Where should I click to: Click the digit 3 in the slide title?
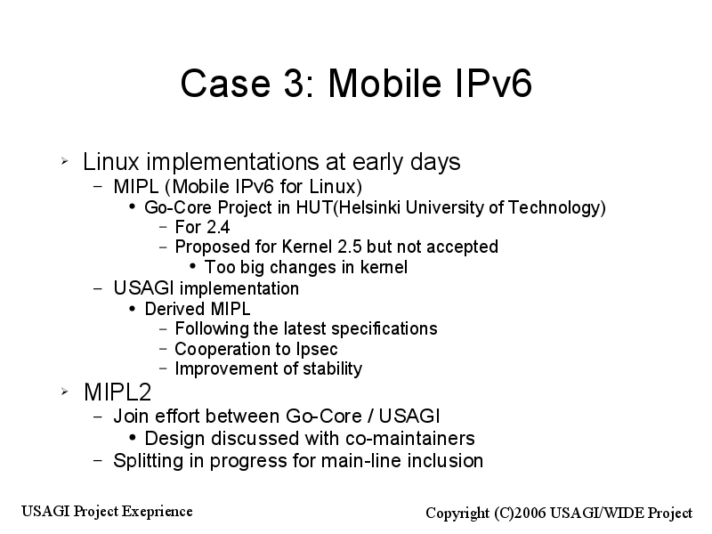pyautogui.click(x=297, y=83)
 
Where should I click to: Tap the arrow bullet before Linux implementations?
pyautogui.click(x=64, y=160)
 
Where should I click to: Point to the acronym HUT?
pyautogui.click(x=314, y=207)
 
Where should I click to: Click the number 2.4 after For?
pyautogui.click(x=215, y=227)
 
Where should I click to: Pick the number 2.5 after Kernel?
pyautogui.click(x=350, y=247)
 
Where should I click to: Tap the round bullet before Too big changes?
pyautogui.click(x=192, y=266)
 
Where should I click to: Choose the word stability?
pyautogui.click(x=332, y=368)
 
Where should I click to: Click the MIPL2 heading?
pyautogui.click(x=117, y=392)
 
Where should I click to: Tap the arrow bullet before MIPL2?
pyautogui.click(x=64, y=392)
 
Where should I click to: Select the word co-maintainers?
pyautogui.click(x=410, y=439)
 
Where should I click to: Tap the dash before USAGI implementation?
pyautogui.click(x=98, y=288)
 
